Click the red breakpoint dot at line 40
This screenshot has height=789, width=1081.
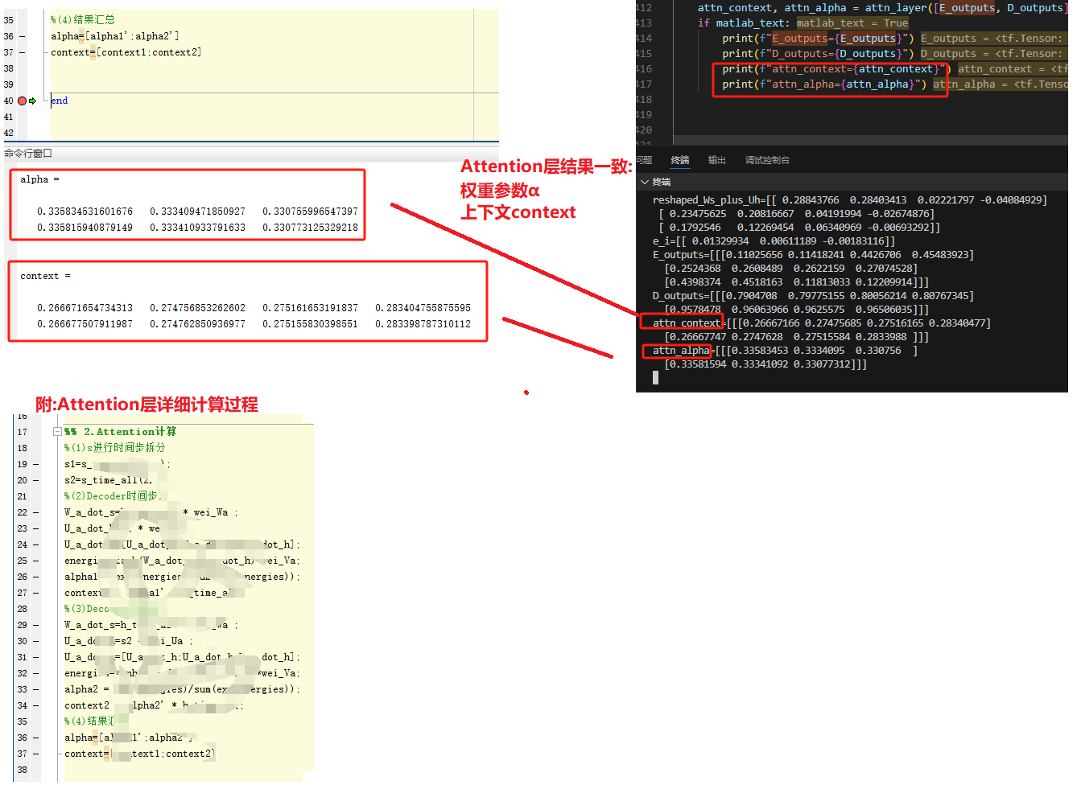(x=22, y=101)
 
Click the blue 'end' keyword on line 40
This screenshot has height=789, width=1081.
(x=60, y=101)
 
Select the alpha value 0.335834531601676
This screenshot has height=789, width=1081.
(x=85, y=212)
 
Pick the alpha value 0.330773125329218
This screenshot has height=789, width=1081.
(x=310, y=228)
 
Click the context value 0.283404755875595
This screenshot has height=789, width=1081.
(x=423, y=308)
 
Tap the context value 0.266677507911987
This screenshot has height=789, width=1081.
(x=85, y=324)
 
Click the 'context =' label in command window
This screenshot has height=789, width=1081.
(x=45, y=276)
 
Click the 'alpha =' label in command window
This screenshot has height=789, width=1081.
(x=39, y=179)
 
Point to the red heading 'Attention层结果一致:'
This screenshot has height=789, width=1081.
(x=546, y=166)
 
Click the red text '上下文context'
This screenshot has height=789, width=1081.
(x=518, y=212)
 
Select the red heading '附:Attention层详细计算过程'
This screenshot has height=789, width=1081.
(x=146, y=405)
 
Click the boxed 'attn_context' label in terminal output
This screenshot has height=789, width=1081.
(x=686, y=323)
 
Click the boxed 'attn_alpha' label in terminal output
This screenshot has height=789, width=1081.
(x=681, y=351)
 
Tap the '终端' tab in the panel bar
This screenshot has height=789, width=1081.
(x=680, y=160)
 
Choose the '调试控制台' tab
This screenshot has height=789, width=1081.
(x=767, y=160)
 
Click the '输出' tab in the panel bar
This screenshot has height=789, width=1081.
(x=716, y=160)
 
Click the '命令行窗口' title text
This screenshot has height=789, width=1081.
(x=28, y=153)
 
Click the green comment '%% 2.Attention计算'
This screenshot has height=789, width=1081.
(x=121, y=432)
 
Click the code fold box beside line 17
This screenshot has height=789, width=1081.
(x=57, y=432)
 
